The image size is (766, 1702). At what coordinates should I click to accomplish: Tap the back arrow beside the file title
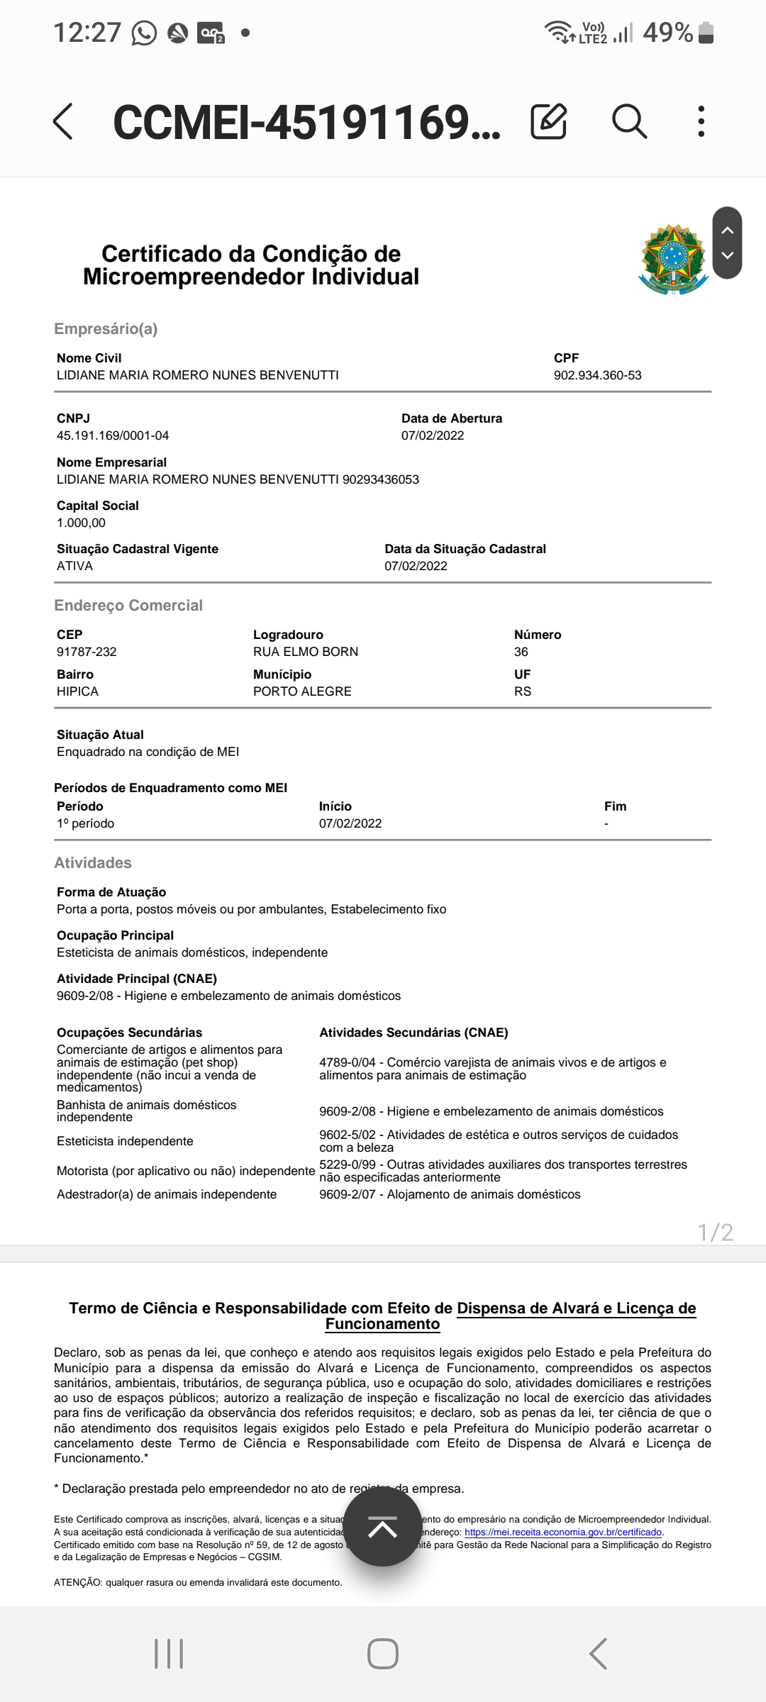[63, 121]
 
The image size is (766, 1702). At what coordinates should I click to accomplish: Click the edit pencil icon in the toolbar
[548, 121]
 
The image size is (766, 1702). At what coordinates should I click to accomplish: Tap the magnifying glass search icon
[629, 121]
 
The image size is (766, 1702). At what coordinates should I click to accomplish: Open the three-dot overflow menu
[701, 121]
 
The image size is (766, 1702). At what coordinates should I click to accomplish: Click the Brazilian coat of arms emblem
[673, 260]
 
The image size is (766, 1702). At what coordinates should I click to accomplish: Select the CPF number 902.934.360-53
[597, 375]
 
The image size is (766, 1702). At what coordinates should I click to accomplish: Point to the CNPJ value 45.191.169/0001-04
[113, 435]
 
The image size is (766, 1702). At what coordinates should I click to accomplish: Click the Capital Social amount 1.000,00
[81, 523]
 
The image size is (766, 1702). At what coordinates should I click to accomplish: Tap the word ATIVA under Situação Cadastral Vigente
[74, 566]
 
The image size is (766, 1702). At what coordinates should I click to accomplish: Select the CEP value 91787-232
[87, 652]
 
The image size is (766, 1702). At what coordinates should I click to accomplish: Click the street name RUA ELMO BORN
[306, 652]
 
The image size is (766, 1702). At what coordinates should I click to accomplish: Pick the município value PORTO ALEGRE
[302, 691]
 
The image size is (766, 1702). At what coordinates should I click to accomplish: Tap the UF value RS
[523, 691]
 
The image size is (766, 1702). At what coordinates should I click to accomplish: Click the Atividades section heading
[93, 863]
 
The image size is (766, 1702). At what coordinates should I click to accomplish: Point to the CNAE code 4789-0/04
[348, 1062]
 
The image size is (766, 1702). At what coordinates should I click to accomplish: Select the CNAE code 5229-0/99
[348, 1164]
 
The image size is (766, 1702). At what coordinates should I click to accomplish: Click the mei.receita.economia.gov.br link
[563, 1532]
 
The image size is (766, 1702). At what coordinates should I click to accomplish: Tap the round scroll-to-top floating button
[383, 1526]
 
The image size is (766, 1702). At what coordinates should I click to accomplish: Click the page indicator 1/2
[715, 1232]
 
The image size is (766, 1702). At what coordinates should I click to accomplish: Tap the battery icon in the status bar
[706, 33]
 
